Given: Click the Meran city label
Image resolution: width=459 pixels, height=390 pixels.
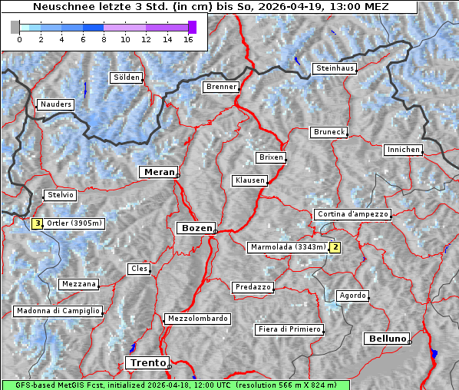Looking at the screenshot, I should (x=159, y=172).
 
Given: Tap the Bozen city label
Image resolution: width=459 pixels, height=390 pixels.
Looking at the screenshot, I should (x=195, y=228).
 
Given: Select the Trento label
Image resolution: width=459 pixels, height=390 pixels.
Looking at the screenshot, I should (x=147, y=362).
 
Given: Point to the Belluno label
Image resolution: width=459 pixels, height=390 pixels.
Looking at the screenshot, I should (x=386, y=338).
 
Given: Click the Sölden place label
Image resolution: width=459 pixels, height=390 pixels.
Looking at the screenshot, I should (x=127, y=78).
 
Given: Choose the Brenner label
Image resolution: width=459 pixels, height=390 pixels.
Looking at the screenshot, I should (x=221, y=87).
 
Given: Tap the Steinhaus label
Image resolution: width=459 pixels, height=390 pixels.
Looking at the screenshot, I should (x=335, y=68).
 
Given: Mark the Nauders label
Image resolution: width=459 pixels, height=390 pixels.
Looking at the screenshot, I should (x=55, y=104).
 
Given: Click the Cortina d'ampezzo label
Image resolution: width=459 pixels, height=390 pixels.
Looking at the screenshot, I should (x=352, y=214).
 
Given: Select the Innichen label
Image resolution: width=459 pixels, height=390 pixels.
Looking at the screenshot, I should (x=403, y=150).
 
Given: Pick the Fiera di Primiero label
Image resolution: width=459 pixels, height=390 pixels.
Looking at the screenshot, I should (x=289, y=329).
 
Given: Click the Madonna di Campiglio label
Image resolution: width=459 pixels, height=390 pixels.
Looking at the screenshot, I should (x=58, y=311).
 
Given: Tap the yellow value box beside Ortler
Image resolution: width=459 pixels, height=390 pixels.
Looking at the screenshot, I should (x=37, y=223).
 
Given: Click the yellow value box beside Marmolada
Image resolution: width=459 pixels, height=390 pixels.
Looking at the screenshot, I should (x=335, y=247).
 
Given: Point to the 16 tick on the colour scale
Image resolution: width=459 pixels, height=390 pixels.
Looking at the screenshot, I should (x=188, y=38).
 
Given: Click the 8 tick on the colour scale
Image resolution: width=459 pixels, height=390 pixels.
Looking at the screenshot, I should (x=104, y=38).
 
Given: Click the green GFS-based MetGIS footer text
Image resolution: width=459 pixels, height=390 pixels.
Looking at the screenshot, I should (x=175, y=385).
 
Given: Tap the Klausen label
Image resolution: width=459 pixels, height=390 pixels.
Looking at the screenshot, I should (x=249, y=180).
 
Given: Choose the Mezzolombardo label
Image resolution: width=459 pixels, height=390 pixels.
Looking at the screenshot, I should (x=196, y=319).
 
